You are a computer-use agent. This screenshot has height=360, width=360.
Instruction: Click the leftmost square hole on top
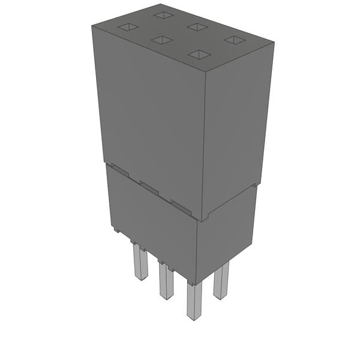pyautogui.click(x=127, y=27)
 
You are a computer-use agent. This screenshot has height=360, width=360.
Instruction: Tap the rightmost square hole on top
pyautogui.click(x=234, y=40)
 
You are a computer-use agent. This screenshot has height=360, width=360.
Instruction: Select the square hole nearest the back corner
pyautogui.click(x=163, y=14)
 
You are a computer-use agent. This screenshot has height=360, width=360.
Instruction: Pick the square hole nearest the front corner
pyautogui.click(x=199, y=55)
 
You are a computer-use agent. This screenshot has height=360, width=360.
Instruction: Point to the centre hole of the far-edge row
pyautogui.click(x=197, y=26)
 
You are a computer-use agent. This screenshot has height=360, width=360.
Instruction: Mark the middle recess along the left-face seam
pyautogui.click(x=149, y=187)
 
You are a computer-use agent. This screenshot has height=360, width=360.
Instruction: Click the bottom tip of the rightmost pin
pyautogui.click(x=220, y=296)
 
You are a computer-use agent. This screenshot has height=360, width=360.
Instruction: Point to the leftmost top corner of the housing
pyautogui.click(x=92, y=27)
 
